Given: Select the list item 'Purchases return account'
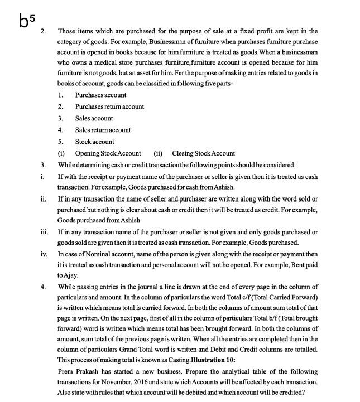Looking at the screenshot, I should (x=109, y=106).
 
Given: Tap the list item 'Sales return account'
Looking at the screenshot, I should (x=103, y=130).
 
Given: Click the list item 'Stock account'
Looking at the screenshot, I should (x=94, y=142).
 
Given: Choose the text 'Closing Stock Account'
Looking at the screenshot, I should (x=203, y=153).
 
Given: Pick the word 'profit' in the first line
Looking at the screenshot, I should (x=252, y=31).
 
